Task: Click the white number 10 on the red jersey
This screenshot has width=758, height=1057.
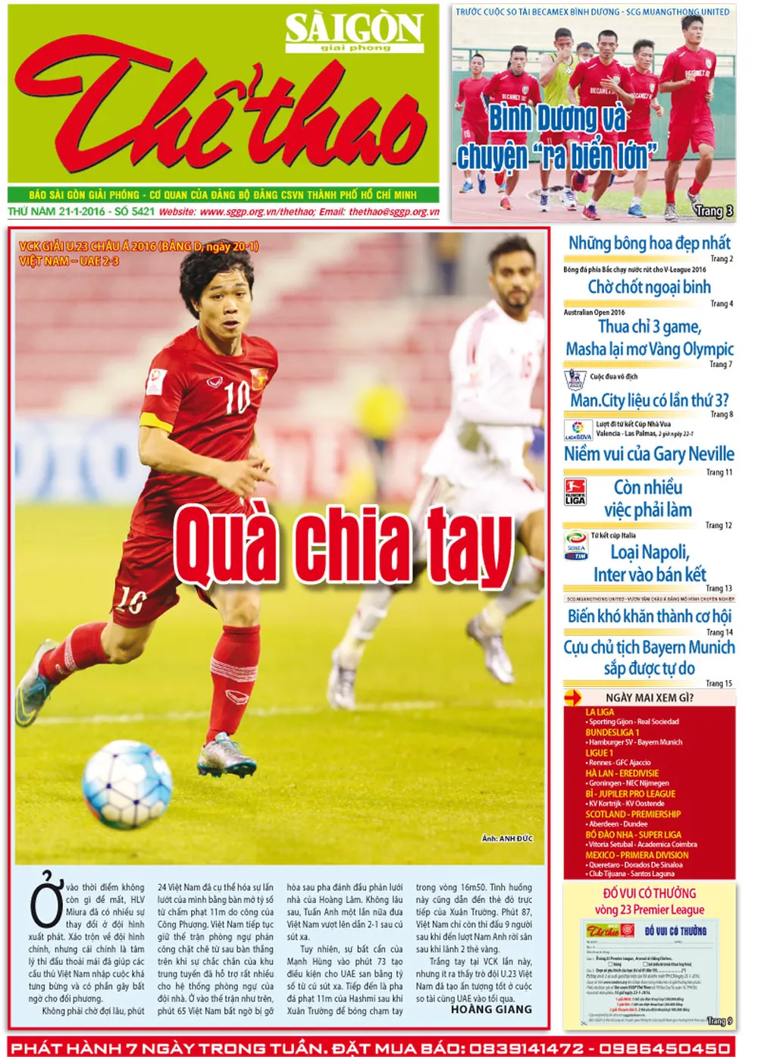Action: tap(236, 396)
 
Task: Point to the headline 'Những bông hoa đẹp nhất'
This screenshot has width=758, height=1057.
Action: tap(650, 243)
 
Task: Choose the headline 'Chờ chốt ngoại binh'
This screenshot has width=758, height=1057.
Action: tap(650, 287)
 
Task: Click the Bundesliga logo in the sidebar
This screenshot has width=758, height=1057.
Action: tap(575, 491)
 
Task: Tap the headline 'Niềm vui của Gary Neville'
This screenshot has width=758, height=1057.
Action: tap(649, 454)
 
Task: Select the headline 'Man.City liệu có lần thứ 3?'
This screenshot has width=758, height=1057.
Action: tap(650, 400)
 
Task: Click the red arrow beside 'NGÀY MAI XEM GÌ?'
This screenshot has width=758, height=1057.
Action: tap(573, 698)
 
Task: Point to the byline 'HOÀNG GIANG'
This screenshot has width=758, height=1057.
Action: tap(491, 1009)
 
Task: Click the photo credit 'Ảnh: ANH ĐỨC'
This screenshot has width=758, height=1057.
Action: tap(507, 839)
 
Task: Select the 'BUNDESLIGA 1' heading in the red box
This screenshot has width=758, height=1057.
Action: tap(612, 732)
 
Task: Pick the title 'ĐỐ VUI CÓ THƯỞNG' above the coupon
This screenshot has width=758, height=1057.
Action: tap(649, 893)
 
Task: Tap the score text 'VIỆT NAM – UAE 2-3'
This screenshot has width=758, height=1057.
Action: tap(69, 262)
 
